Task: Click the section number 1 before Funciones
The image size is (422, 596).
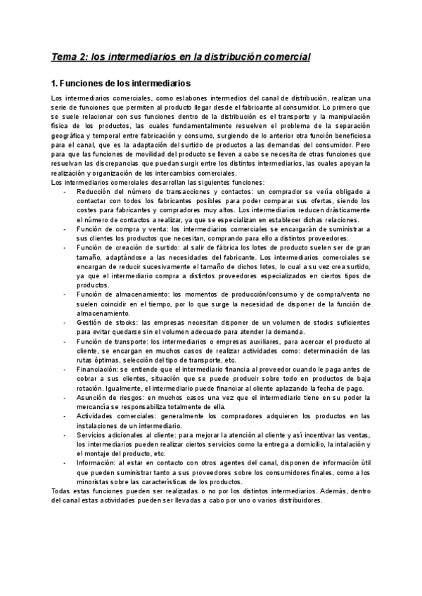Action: point(56,82)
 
